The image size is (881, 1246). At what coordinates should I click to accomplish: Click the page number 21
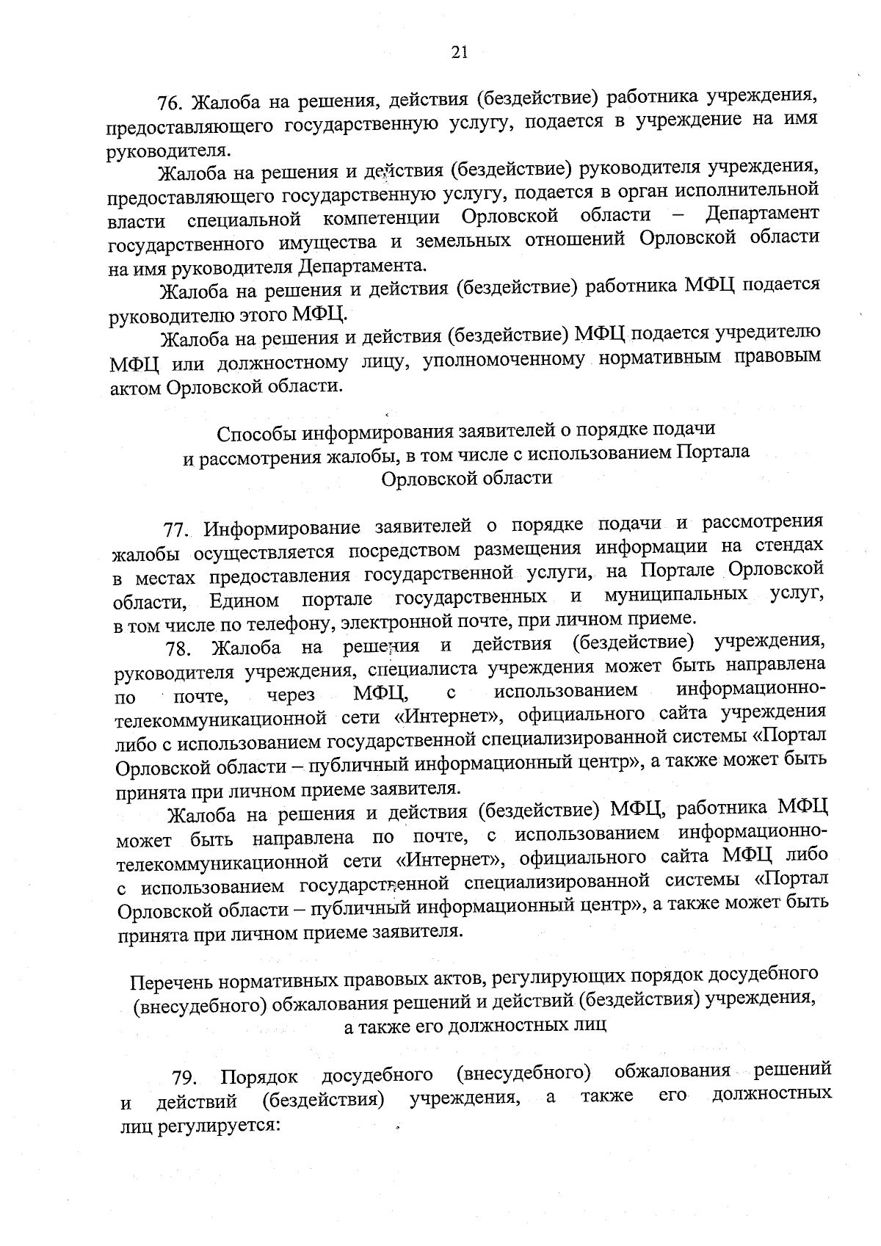[x=459, y=51]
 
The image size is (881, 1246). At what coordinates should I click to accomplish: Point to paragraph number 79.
[x=184, y=1079]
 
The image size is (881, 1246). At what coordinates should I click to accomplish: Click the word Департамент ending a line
[x=761, y=214]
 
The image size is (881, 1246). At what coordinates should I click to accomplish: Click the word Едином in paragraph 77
[x=244, y=601]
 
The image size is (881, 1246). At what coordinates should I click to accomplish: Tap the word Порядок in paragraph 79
[x=259, y=1078]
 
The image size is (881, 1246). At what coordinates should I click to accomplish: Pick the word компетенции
[x=383, y=218]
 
